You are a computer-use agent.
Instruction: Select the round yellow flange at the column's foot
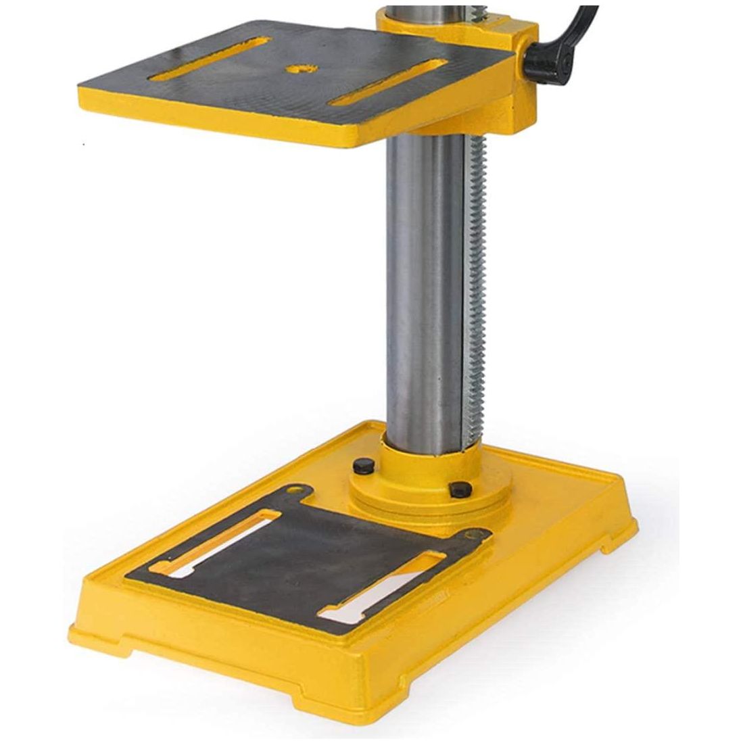426,490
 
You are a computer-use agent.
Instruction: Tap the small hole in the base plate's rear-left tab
292,489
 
